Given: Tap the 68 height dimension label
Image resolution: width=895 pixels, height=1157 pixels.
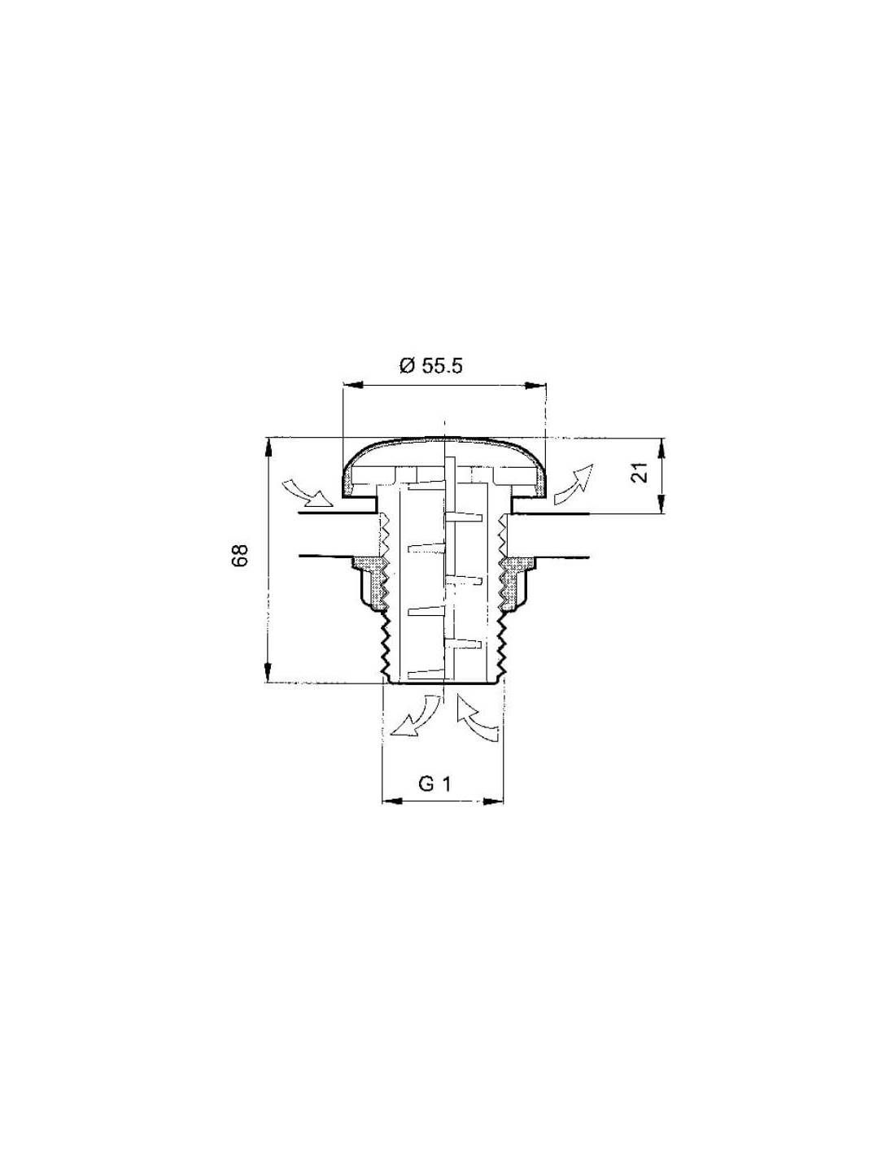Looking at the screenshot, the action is click(x=240, y=556).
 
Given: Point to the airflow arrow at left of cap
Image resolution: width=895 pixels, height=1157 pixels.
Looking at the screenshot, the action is click(x=307, y=493).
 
